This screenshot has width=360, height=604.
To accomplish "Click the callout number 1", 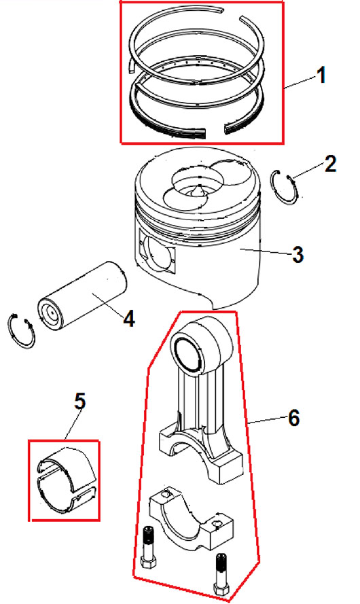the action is [x=321, y=75].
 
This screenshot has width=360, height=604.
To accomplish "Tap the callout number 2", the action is [x=330, y=164].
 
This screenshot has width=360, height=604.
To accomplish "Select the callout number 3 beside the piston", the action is [x=298, y=255].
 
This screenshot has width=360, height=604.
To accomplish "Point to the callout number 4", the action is [x=129, y=319].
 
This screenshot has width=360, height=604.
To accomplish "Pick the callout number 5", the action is [x=79, y=402].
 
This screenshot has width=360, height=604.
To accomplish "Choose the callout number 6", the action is [x=294, y=417].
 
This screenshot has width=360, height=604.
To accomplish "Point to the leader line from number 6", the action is [x=267, y=421].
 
